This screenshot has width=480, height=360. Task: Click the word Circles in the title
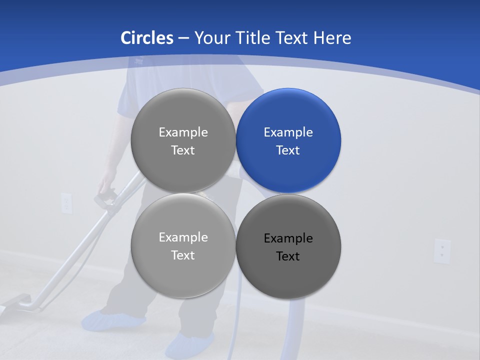click(146, 38)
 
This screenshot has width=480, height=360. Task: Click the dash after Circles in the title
click(183, 38)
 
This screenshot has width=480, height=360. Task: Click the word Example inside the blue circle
click(288, 132)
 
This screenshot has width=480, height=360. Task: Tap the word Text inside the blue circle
click(288, 150)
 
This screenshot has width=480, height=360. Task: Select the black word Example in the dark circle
click(288, 238)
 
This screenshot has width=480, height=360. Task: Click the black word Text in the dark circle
click(288, 256)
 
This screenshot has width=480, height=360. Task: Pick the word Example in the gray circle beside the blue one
click(183, 132)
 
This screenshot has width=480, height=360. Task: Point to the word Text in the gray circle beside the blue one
click(183, 150)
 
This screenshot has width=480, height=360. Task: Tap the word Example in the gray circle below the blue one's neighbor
click(183, 237)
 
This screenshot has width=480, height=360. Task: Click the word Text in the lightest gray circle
click(183, 255)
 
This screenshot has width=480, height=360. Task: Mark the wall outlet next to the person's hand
click(66, 203)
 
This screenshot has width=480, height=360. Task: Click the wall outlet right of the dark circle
click(442, 250)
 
